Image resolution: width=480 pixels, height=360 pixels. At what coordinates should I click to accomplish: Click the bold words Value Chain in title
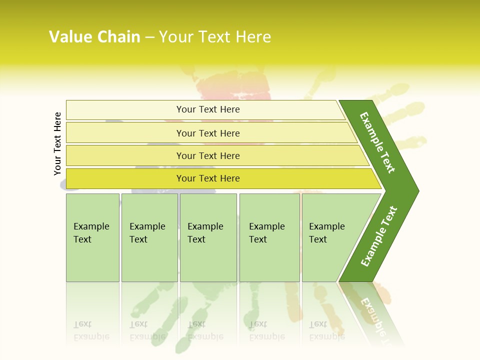(x=94, y=37)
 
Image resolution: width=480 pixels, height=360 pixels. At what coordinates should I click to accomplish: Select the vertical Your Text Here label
(x=57, y=143)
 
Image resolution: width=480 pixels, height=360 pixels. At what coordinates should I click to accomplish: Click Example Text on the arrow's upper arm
(x=377, y=142)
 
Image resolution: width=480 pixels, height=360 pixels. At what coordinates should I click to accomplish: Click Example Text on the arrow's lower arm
(x=379, y=236)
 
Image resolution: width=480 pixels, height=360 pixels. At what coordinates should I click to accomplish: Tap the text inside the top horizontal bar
(x=208, y=109)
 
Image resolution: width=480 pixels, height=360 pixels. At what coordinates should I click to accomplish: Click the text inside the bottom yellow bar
(x=208, y=178)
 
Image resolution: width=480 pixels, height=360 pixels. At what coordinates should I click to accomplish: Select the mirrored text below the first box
(x=91, y=330)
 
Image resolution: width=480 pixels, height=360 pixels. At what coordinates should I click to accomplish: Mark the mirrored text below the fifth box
(x=326, y=330)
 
